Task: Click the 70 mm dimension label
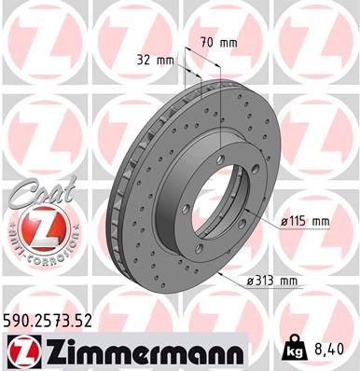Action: click(219, 42)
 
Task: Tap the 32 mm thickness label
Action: click(156, 60)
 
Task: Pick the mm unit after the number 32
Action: click(166, 60)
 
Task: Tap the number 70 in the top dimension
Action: click(208, 42)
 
